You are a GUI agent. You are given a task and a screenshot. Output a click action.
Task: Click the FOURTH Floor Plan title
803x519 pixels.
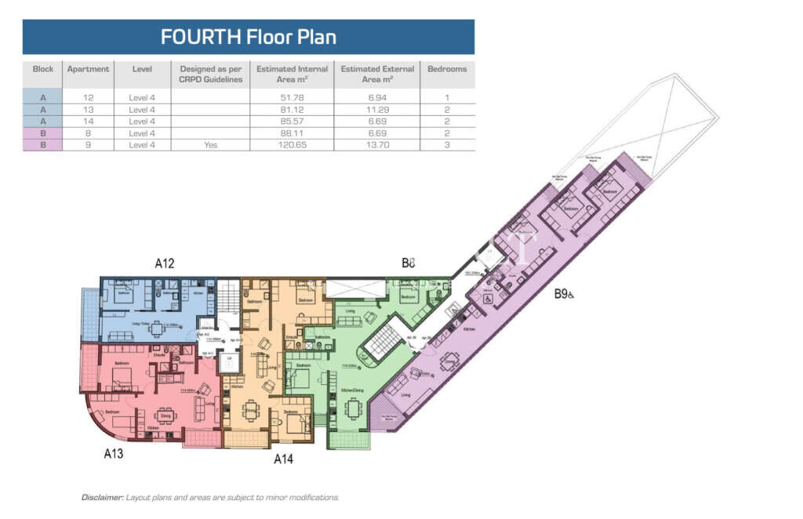249,37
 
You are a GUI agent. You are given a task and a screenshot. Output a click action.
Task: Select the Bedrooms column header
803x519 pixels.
447,69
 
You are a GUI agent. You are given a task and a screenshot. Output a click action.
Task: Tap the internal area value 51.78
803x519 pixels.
291,97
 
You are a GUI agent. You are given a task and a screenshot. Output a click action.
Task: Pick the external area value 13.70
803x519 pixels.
376,145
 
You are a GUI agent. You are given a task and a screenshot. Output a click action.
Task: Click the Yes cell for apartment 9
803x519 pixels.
210,145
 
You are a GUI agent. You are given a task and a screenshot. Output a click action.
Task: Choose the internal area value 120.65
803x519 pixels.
291,145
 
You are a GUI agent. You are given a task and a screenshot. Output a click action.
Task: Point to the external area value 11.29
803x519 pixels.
376,109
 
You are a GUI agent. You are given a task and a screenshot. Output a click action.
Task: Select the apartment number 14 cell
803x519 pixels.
89,122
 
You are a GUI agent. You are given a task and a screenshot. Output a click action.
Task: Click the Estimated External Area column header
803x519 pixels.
376,74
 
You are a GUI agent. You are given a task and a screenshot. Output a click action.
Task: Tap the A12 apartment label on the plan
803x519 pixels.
164,263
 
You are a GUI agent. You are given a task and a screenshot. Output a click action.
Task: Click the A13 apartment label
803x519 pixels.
114,452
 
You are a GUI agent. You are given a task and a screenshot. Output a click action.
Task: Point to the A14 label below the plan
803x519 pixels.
283,459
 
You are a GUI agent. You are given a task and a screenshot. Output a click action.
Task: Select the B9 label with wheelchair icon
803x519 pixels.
564,294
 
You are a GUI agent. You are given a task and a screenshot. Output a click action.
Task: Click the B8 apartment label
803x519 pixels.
408,263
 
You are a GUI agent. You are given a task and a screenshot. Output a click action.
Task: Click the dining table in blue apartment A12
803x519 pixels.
157,328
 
